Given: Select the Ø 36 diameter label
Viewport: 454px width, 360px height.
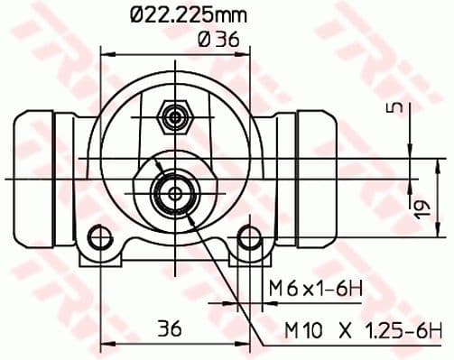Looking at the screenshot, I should pos(215,38).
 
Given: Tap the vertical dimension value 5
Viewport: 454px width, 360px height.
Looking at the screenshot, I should pos(391,107).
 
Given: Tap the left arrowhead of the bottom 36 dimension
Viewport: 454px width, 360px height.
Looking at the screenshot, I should pos(102,343).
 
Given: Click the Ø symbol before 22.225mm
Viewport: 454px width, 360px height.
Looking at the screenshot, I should pos(136,15).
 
